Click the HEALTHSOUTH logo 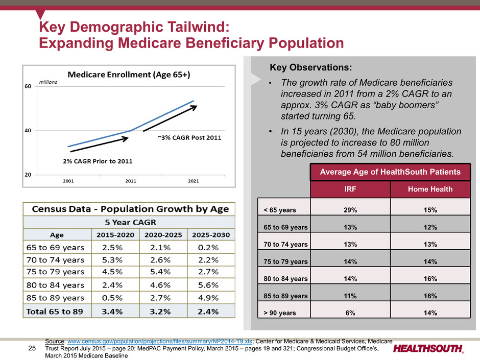[428, 349]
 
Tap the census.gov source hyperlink [160, 341]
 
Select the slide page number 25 [32, 348]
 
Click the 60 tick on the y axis [28, 86]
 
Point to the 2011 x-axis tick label [131, 181]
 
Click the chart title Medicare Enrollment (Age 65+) [129, 75]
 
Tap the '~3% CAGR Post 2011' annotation [189, 138]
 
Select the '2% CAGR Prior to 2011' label [98, 161]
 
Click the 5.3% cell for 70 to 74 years [112, 260]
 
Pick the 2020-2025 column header [163, 235]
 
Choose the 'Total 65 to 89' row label [55, 311]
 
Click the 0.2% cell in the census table [208, 247]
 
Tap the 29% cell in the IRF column [350, 210]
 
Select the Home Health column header [430, 189]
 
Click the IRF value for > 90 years [350, 313]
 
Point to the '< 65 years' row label [280, 210]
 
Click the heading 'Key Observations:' [310, 67]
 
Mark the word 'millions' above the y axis [48, 82]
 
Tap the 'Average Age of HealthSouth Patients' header [390, 172]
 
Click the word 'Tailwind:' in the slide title [199, 27]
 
